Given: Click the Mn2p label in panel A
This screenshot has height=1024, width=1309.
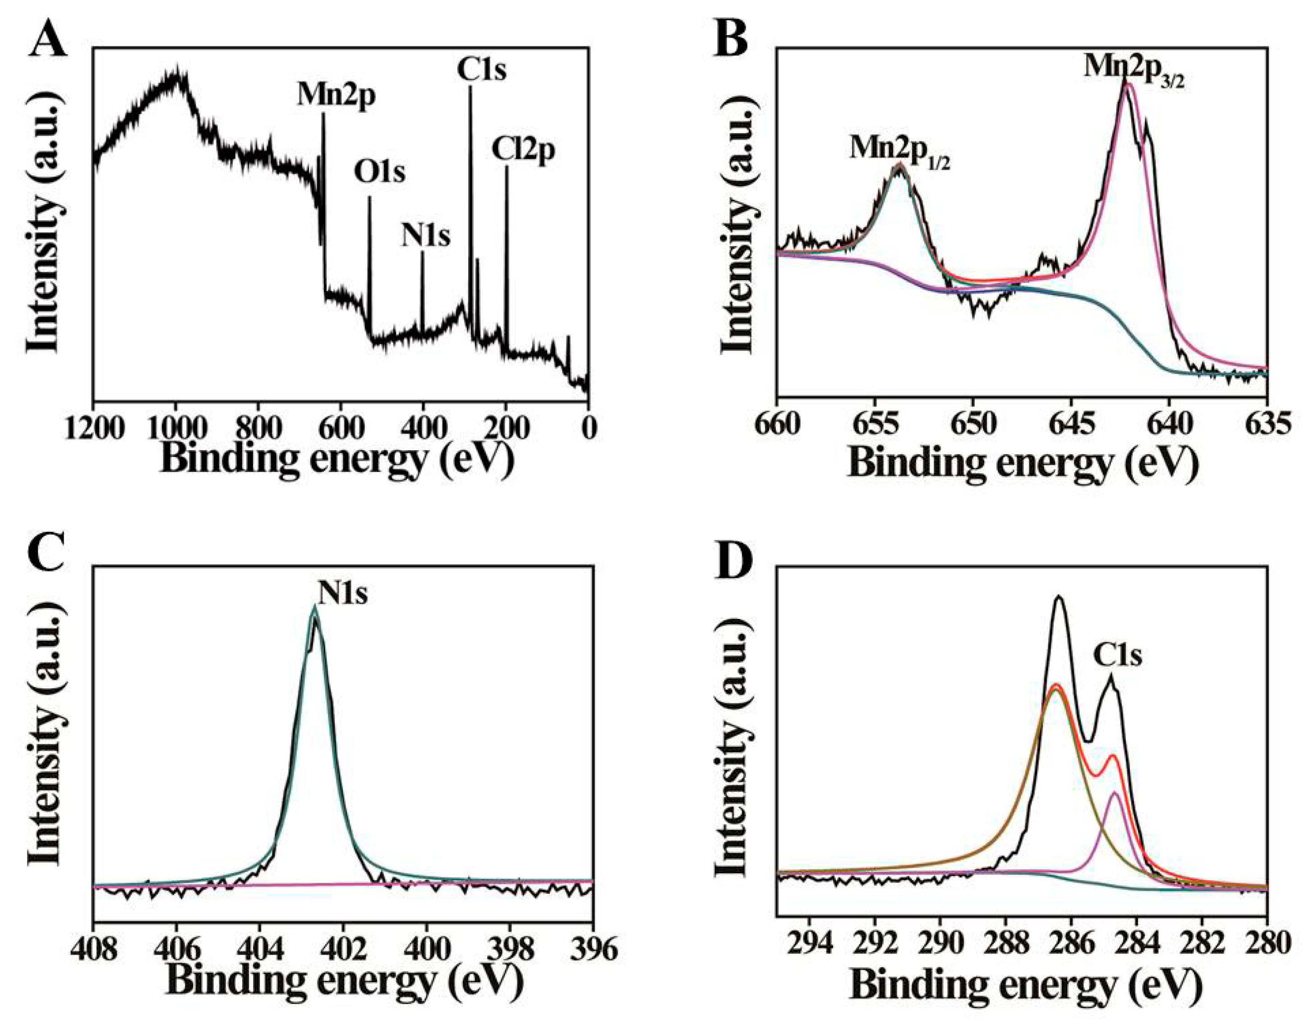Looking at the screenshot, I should coord(336,96).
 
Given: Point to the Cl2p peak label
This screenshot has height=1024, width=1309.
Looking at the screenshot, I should coord(523,150).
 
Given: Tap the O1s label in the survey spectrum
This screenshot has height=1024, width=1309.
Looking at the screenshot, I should coord(379,173).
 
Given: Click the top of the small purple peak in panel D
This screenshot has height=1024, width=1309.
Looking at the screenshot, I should coord(1115,793).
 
